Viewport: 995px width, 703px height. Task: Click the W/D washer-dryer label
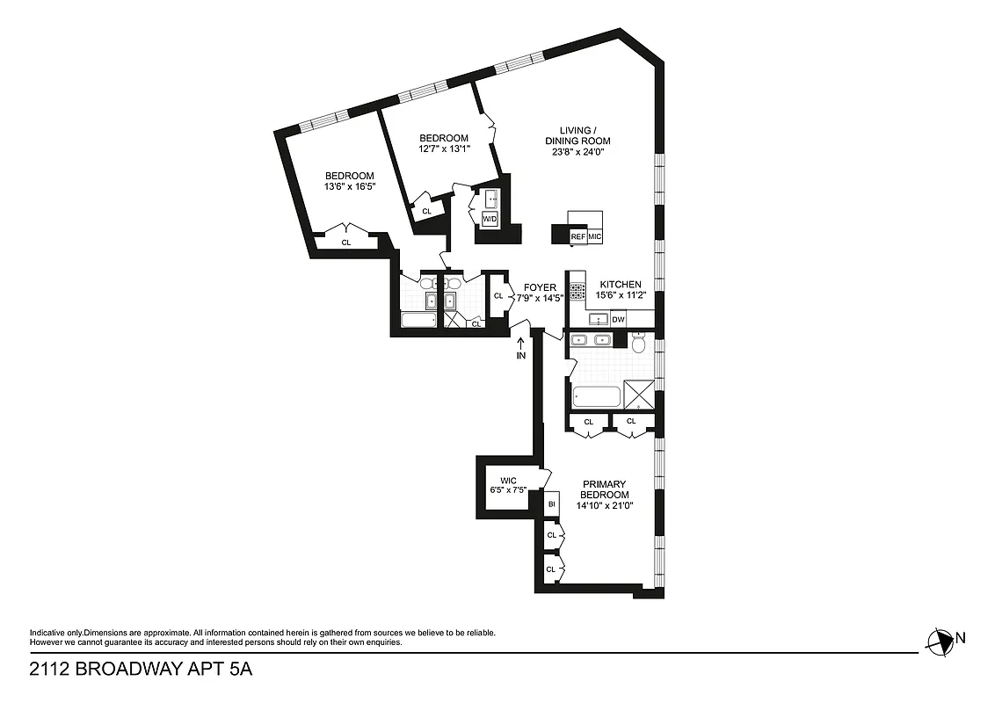[490, 218]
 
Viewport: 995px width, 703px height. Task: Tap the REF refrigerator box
[578, 236]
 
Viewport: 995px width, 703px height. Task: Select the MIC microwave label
[595, 236]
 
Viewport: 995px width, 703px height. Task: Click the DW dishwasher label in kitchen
[619, 319]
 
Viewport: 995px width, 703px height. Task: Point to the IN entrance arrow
[520, 350]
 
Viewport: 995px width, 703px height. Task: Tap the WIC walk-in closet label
[509, 480]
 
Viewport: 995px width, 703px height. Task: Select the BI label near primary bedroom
[552, 504]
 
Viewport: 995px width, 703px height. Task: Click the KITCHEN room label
[621, 285]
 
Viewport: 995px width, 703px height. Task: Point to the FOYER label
[540, 287]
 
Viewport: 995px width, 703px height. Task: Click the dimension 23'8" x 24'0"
[577, 152]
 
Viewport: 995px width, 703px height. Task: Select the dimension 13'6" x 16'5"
[350, 186]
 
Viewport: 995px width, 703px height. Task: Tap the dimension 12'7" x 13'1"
[444, 149]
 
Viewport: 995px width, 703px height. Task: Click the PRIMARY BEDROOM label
[604, 489]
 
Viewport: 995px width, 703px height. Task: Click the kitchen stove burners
[577, 291]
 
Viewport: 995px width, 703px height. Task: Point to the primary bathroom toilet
[641, 344]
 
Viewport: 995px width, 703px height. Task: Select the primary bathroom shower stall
[639, 394]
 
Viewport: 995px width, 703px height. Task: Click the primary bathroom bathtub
[596, 396]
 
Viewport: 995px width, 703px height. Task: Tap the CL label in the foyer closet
[498, 296]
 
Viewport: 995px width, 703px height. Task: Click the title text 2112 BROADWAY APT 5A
[141, 670]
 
